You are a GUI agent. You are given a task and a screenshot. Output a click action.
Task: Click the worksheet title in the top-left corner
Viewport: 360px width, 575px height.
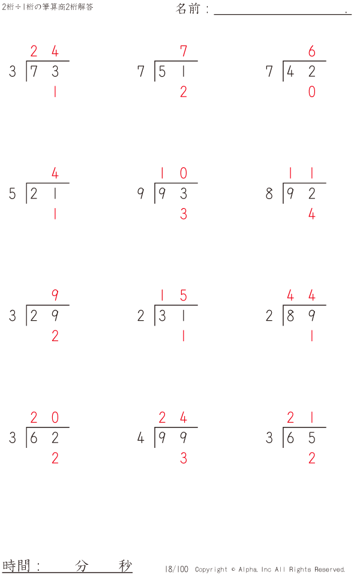47,7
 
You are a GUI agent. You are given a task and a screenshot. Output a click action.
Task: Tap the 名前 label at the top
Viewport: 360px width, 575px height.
188,8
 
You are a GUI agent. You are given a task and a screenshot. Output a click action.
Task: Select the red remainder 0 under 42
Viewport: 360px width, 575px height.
311,92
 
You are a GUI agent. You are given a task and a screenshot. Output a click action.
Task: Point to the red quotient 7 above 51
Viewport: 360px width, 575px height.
184,51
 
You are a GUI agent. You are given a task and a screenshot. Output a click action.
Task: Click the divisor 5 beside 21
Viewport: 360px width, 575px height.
13,194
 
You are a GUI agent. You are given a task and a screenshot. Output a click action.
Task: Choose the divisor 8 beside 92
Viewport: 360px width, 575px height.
269,194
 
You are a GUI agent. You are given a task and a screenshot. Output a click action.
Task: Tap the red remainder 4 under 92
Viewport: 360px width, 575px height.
311,214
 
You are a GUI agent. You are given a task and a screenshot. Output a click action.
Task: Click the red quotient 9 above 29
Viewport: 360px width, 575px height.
55,295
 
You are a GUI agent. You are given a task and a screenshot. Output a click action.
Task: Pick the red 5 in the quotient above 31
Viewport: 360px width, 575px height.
184,295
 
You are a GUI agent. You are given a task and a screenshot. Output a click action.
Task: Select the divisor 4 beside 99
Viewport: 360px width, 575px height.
141,438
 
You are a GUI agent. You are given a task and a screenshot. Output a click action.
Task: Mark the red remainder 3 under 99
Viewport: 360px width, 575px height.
184,458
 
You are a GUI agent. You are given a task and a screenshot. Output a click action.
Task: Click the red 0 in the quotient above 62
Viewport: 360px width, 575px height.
55,417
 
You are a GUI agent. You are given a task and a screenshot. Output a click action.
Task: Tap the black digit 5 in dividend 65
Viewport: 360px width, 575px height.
311,438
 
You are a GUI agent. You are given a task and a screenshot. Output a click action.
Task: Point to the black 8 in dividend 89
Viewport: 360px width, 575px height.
290,316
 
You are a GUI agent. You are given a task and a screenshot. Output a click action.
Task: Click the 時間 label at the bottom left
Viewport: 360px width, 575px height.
16,565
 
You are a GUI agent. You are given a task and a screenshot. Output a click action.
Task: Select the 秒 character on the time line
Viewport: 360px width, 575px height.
125,566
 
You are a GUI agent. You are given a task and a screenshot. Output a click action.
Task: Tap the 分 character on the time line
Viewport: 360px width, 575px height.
82,566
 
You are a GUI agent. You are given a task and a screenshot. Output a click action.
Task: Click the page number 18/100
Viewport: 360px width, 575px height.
176,569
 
